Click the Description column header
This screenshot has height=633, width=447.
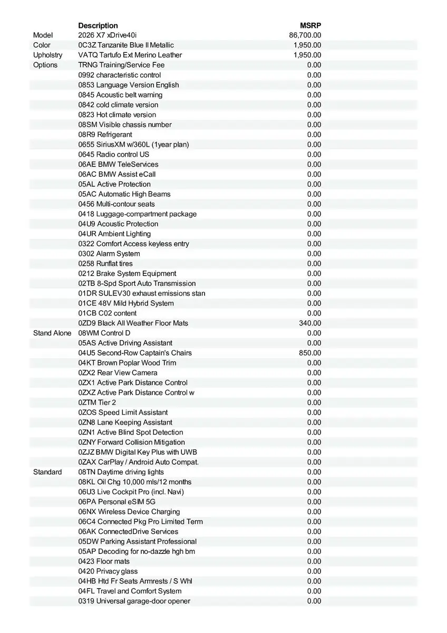pos(98,25)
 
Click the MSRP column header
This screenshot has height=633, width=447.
pos(310,25)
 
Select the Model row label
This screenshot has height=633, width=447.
pos(43,35)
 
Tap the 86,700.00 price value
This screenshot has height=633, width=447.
pos(305,35)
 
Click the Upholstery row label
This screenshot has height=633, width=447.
pos(47,55)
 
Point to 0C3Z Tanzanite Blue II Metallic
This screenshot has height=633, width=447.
pos(126,45)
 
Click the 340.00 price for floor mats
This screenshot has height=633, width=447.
pos(310,323)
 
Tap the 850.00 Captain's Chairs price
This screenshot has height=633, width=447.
pos(310,353)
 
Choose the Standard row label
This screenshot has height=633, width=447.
pos(47,472)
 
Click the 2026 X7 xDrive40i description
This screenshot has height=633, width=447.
pos(107,35)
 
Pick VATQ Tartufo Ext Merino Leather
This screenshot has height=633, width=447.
pos(130,55)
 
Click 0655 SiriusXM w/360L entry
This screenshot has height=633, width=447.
pos(133,145)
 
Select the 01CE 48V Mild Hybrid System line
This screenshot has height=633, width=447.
pos(126,303)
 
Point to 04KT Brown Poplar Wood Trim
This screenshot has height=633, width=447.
pos(127,363)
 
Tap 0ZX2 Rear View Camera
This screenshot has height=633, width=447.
pos(118,373)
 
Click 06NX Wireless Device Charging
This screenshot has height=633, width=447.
pos(129,512)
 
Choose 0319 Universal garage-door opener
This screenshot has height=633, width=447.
pos(134,601)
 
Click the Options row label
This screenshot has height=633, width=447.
pos(45,65)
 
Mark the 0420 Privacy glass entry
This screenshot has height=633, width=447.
pos(108,571)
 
